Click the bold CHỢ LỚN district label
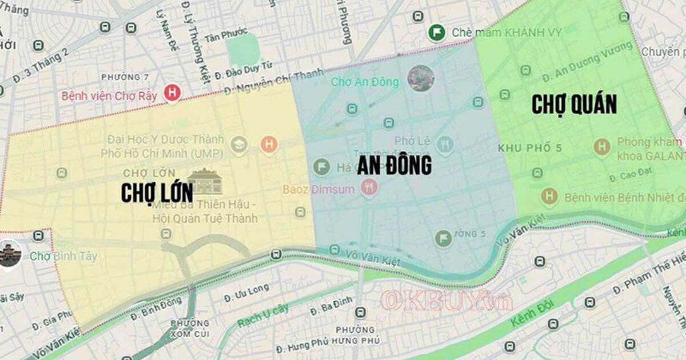pyautogui.click(x=157, y=193)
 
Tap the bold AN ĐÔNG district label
pyautogui.click(x=394, y=166)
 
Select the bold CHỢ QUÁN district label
pyautogui.click(x=574, y=105)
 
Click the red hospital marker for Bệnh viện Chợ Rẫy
pyautogui.click(x=171, y=93)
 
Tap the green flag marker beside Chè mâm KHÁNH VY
pyautogui.click(x=437, y=32)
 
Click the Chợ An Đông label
pyautogui.click(x=365, y=82)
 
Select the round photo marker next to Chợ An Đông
pyautogui.click(x=421, y=78)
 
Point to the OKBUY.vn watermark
pyautogui.click(x=446, y=301)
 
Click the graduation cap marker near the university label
pyautogui.click(x=238, y=145)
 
